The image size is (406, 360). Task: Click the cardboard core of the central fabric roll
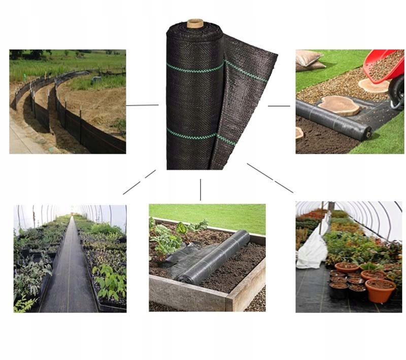pyautogui.click(x=195, y=23)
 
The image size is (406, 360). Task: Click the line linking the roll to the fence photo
pyautogui.click(x=142, y=106)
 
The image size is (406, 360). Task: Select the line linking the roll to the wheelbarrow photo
pyautogui.click(x=279, y=106)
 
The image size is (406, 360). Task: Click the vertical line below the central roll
pyautogui.click(x=200, y=189)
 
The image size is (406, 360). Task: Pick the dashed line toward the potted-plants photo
pyautogui.click(x=270, y=178)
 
